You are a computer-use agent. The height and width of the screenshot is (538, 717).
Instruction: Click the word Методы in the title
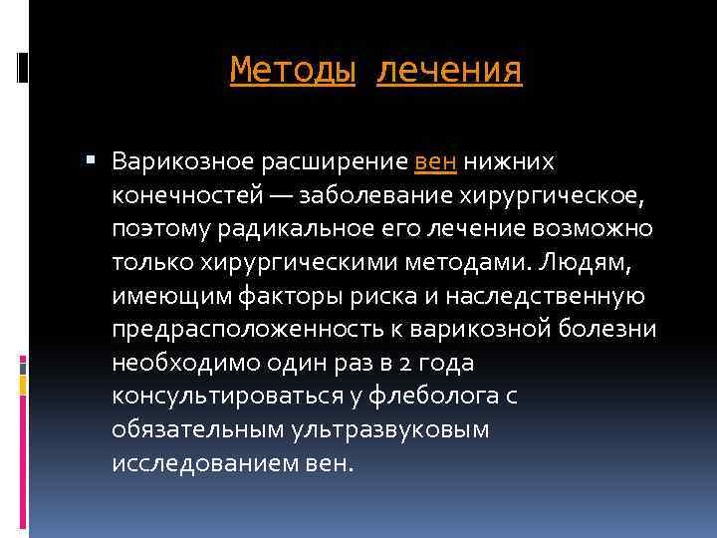tap(292, 71)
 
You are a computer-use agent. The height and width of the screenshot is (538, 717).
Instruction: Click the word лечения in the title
tap(449, 71)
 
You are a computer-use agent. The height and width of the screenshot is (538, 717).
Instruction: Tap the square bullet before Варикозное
tap(92, 158)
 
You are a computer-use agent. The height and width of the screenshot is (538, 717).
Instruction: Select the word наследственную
tap(564, 296)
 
